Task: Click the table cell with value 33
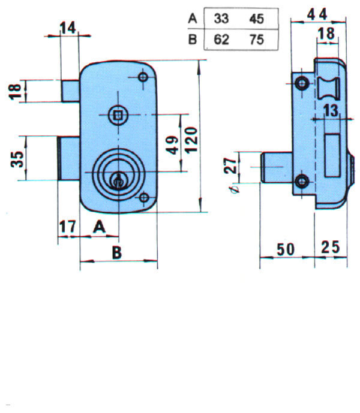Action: (222, 19)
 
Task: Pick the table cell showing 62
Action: (222, 40)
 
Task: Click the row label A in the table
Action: (193, 19)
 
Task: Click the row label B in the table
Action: (193, 40)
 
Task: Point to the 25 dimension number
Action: (331, 247)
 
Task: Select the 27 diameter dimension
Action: (230, 166)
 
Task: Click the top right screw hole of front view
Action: (143, 77)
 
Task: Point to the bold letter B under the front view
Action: (117, 253)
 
